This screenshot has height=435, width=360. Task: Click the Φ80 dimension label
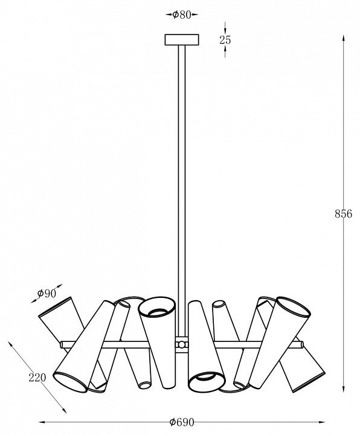click(182, 14)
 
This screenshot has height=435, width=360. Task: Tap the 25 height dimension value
click(225, 40)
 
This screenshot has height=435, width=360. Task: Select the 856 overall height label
click(343, 214)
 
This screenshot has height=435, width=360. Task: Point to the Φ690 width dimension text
click(182, 422)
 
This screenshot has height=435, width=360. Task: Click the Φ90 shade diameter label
click(47, 293)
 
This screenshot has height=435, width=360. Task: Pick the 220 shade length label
click(37, 377)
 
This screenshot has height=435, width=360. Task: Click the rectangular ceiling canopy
click(182, 40)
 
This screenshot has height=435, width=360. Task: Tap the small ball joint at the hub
click(181, 344)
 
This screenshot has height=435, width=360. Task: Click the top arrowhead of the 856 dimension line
click(343, 39)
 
